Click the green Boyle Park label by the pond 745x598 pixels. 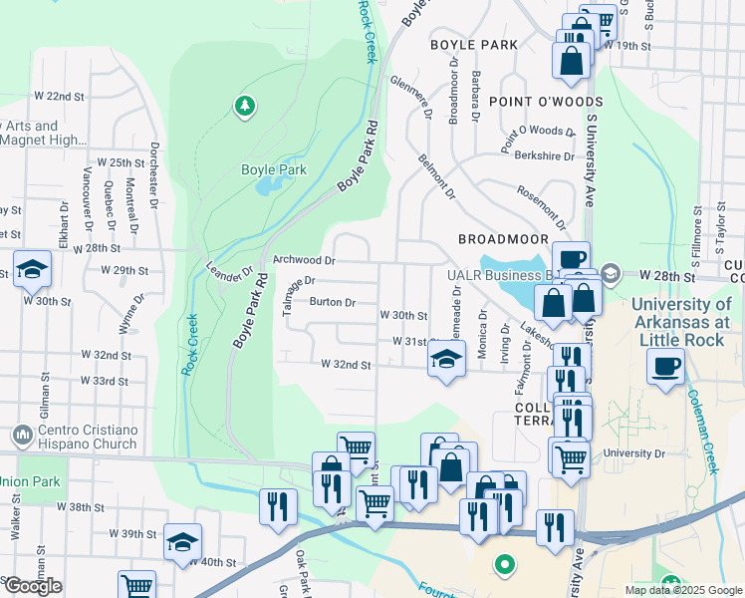[274, 169]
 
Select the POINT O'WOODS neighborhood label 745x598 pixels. [546, 102]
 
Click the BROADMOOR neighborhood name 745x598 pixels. [503, 239]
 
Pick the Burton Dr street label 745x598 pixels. [332, 302]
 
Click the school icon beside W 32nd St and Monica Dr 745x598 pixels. [446, 360]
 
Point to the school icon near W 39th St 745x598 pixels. [182, 542]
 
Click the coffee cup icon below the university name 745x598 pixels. [665, 366]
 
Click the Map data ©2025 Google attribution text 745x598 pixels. [682, 590]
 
